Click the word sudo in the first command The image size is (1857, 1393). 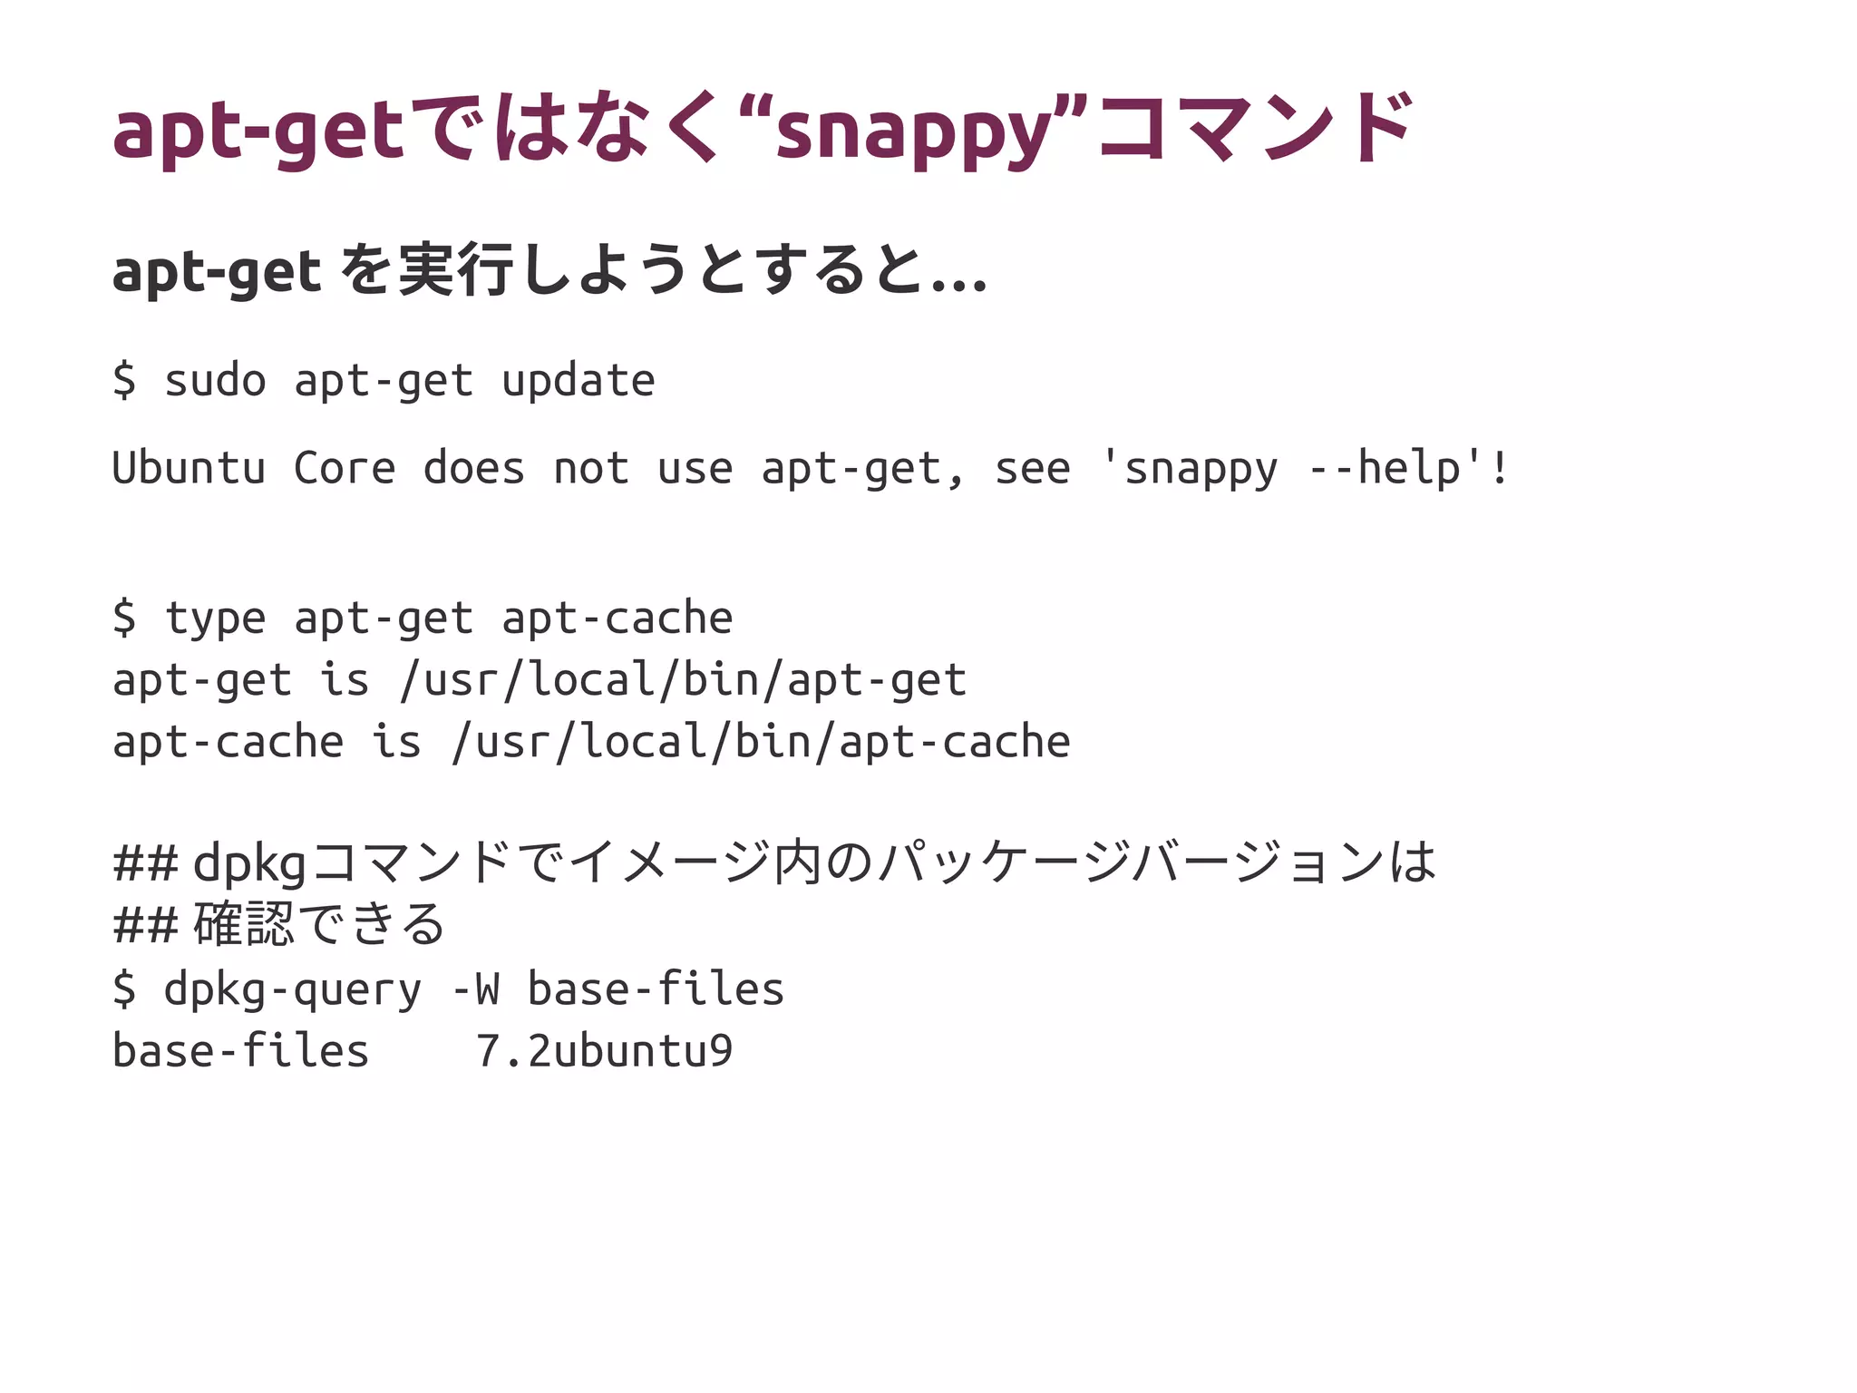(x=215, y=380)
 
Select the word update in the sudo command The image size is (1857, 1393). (x=578, y=380)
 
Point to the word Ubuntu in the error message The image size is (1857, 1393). (x=189, y=468)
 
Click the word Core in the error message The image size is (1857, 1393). (x=345, y=468)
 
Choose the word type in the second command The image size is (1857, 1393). (x=215, y=619)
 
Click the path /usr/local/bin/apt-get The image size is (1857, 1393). (x=683, y=680)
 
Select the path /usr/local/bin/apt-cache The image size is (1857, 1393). (x=761, y=742)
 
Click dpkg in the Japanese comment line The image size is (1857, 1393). (x=249, y=862)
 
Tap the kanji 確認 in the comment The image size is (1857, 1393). (x=244, y=924)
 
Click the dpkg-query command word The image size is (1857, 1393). (x=292, y=989)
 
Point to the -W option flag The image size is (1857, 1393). (x=475, y=989)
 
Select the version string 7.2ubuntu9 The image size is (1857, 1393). (x=604, y=1051)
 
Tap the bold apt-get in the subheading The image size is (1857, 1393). (x=216, y=272)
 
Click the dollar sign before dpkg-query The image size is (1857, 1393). (x=124, y=989)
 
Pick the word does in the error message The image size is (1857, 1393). (x=474, y=468)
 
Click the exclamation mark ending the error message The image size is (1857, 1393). (x=1499, y=468)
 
